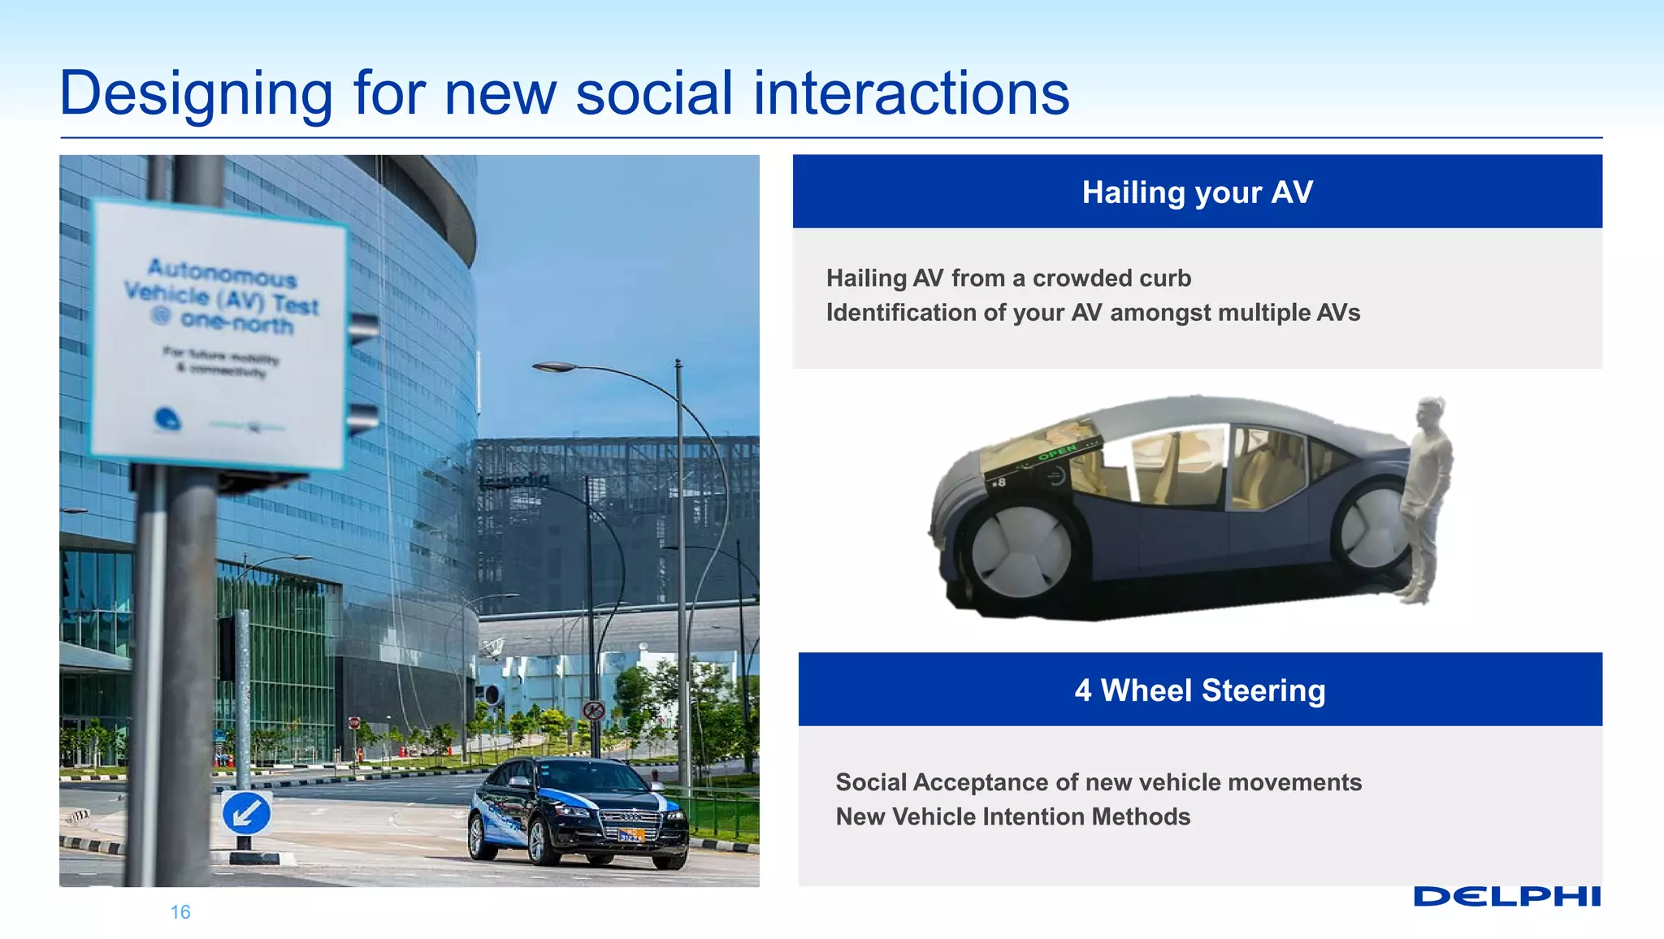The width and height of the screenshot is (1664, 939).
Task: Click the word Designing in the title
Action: tap(196, 93)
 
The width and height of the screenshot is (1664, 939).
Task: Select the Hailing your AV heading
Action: tap(1197, 193)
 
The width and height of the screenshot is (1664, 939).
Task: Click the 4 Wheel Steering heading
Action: tap(1199, 690)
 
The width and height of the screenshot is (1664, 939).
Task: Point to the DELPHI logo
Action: tap(1506, 897)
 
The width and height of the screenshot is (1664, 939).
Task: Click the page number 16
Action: tap(180, 912)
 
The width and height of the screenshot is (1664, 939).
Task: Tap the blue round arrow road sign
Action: tap(246, 813)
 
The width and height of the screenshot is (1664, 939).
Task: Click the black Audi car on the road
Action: tap(578, 811)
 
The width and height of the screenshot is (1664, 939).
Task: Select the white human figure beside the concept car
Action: tap(1426, 500)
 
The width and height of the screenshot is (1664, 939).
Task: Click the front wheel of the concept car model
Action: tap(1021, 552)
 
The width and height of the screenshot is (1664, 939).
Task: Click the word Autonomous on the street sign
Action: tap(222, 273)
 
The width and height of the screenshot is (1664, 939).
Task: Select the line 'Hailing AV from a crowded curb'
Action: tap(1008, 279)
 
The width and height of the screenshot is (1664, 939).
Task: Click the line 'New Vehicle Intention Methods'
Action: tap(1012, 816)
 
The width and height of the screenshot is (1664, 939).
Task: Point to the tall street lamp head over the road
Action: tap(555, 367)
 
